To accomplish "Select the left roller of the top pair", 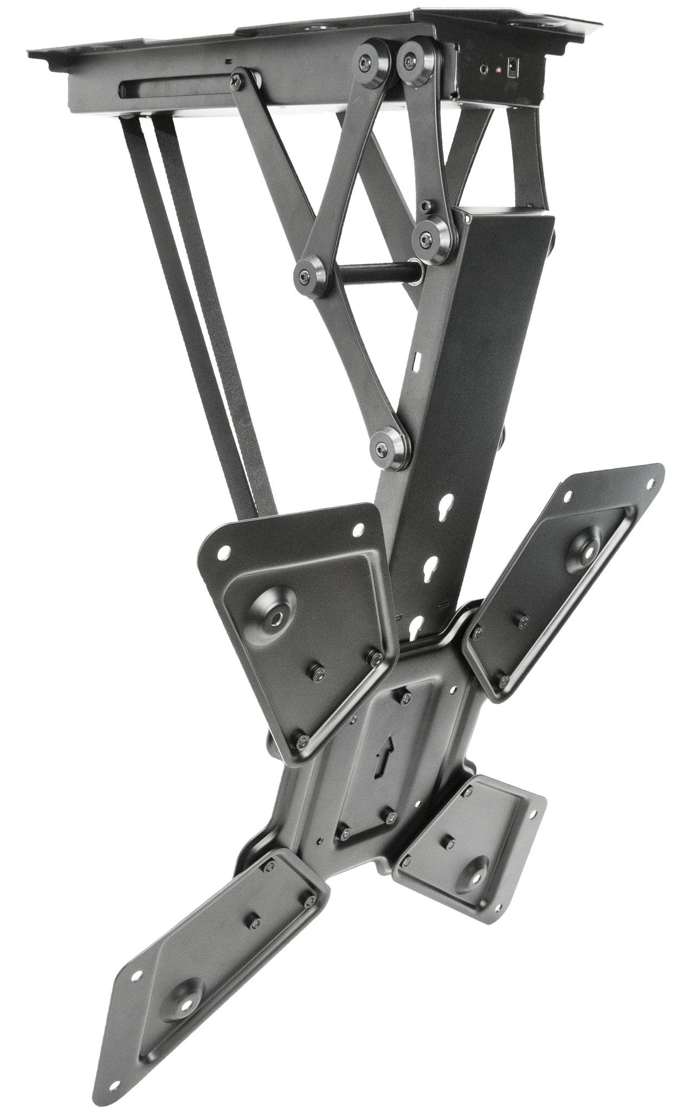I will (375, 63).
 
